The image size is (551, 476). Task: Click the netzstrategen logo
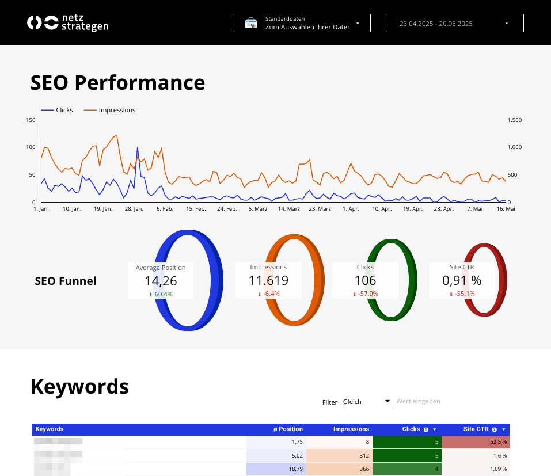point(67,23)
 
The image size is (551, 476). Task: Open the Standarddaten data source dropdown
point(301,23)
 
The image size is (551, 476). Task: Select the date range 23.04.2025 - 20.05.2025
point(454,23)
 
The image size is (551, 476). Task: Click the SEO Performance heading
point(117,83)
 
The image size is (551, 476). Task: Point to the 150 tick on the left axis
point(31,120)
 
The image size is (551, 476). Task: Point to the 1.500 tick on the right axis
point(514,120)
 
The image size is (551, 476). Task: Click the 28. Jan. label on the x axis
point(134,209)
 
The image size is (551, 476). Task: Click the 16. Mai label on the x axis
point(506,209)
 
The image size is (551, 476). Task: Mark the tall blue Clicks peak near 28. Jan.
point(137,148)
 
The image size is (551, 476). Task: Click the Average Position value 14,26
point(161,281)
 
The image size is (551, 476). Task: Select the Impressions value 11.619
point(268,281)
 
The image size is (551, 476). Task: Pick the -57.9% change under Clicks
point(366,294)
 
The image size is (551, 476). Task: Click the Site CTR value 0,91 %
point(462,281)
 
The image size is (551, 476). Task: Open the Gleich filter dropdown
point(367,402)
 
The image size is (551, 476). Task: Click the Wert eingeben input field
point(453,402)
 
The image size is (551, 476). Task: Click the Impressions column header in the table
point(351,429)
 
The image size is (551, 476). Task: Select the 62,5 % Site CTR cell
point(476,442)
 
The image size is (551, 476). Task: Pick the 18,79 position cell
point(276,469)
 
